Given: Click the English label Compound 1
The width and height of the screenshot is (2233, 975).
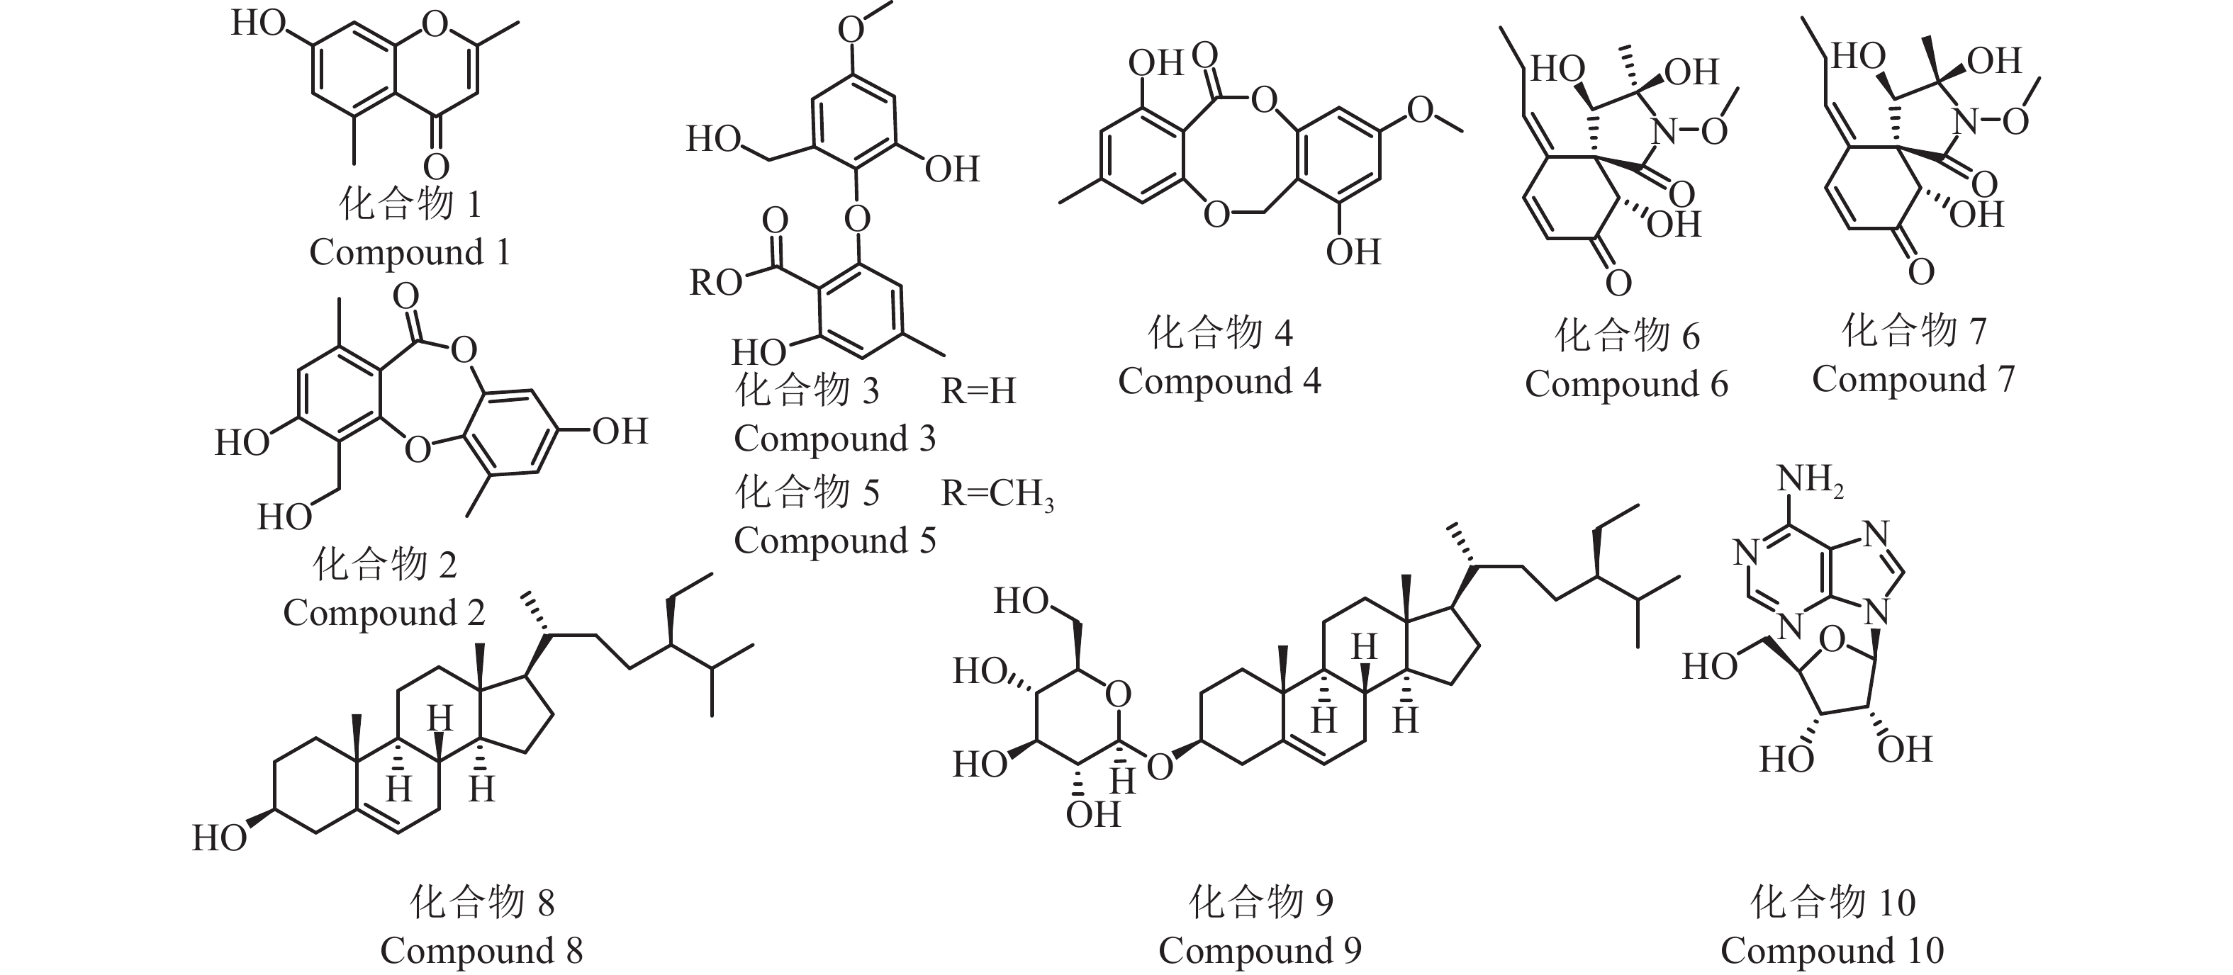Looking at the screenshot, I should coord(409,253).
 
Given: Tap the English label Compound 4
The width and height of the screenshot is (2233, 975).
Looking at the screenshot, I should coord(1219,381).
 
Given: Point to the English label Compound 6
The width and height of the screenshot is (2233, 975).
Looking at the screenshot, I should coord(1626,384).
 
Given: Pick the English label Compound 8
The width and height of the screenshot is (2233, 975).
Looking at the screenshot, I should coord(481,951).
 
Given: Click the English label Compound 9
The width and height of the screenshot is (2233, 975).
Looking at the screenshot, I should coord(1260,951).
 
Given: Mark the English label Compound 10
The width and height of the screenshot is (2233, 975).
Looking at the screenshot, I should coord(1832,951).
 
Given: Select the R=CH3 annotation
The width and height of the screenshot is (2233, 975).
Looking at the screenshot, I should coord(997,494).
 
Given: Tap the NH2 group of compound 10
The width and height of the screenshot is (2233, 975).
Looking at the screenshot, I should coord(1809,479).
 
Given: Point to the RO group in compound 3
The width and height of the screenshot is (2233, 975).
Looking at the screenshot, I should coord(715,283).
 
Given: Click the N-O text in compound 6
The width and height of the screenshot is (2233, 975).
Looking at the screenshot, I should coord(1689,132).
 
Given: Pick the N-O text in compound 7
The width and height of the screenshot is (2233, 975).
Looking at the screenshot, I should coord(1991,121).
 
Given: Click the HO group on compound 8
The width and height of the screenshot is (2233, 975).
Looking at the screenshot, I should coord(219,838).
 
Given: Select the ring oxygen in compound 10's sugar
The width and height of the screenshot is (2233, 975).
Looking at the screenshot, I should coord(1832,641).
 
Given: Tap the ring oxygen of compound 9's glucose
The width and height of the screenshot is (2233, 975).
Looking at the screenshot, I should coord(1118,694).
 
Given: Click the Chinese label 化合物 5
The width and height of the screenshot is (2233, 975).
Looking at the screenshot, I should coord(807,492).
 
